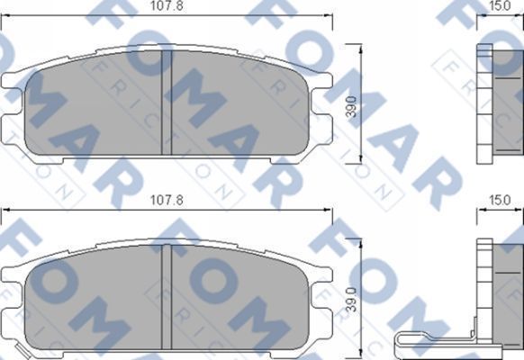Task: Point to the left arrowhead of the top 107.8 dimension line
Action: tap(5, 18)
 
